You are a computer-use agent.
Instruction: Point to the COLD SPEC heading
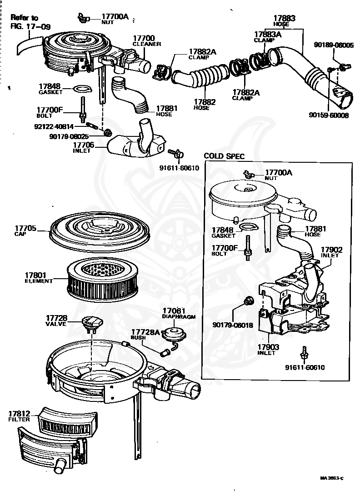click(224, 156)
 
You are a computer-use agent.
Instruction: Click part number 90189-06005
click(334, 45)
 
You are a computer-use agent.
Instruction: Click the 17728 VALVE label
click(56, 320)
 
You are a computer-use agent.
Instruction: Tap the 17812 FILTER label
click(19, 416)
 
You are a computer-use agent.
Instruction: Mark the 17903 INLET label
click(267, 349)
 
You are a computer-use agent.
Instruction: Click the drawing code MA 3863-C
click(331, 478)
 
